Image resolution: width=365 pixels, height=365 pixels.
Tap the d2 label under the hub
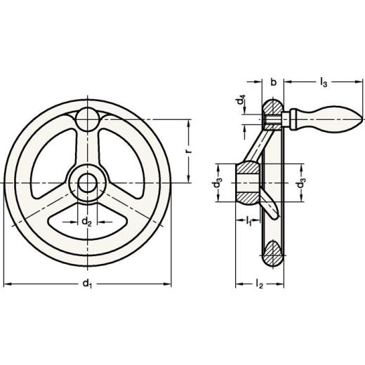pos(86,223)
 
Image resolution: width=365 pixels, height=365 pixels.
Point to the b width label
pos(272,83)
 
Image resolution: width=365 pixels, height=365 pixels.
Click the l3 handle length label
pos(323,83)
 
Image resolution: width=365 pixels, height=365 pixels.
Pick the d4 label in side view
pos(240,102)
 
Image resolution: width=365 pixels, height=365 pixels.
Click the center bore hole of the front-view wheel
pos(88,182)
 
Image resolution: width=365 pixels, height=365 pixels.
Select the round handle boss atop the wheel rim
pos(88,117)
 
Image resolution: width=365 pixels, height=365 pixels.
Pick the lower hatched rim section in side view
pos(273,253)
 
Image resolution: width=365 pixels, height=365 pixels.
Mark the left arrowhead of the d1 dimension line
pos(7,284)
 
